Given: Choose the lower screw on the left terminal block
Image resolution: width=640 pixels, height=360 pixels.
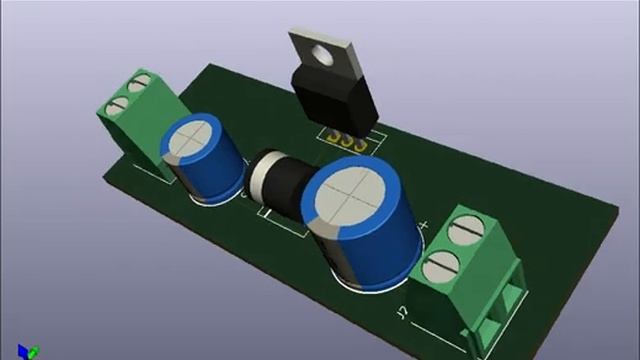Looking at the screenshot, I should [122, 102].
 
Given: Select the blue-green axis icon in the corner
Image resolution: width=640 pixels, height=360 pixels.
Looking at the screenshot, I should [33, 350].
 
